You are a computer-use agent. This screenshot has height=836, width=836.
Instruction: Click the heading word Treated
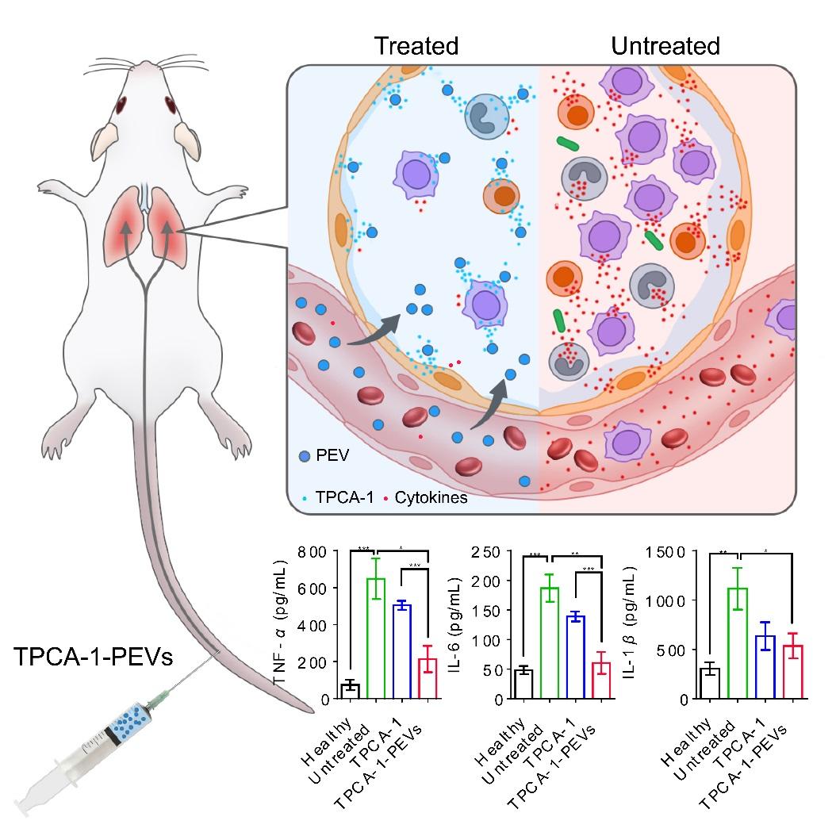416,46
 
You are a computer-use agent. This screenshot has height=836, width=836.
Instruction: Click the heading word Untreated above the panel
665,46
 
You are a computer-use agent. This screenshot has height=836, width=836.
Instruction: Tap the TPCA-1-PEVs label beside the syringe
93,658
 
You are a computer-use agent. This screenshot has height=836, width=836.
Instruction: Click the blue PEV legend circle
303,456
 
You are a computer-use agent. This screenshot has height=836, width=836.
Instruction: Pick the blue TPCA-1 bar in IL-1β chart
765,667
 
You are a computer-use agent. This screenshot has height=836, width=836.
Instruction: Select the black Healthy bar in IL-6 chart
523,685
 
